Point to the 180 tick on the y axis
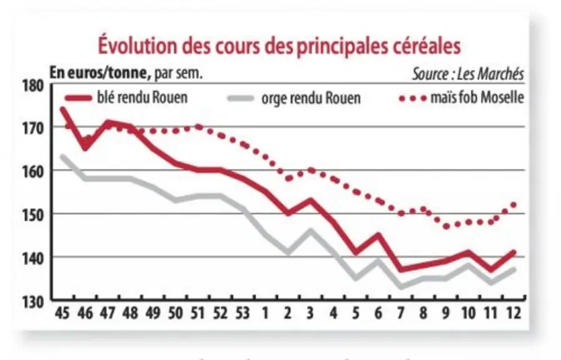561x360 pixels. point(33,86)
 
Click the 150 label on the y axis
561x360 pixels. point(33,215)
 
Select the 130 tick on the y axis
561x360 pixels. point(33,302)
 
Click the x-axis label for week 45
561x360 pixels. point(63,313)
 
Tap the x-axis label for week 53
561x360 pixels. point(243,313)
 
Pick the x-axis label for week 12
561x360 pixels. point(513,313)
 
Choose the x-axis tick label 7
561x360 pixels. point(401,313)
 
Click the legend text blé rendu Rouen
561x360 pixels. point(142,97)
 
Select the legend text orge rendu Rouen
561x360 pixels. point(311,98)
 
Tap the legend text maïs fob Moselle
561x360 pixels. point(477,97)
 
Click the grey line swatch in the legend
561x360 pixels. point(241,98)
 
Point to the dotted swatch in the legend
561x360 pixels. point(413,98)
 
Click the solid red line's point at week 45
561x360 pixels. point(63,109)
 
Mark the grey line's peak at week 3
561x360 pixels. point(310,231)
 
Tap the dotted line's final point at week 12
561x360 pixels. point(513,205)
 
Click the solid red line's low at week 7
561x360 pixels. point(401,269)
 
